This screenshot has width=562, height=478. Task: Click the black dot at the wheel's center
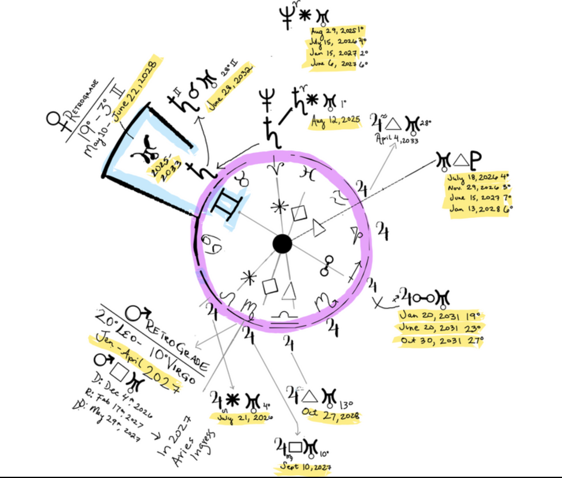pyautogui.click(x=282, y=244)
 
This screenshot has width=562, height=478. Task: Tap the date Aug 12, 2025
pyautogui.click(x=336, y=121)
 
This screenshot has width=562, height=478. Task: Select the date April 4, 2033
pyautogui.click(x=397, y=139)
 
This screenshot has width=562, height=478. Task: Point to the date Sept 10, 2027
pyautogui.click(x=306, y=467)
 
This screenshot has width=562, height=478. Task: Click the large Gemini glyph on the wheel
pyautogui.click(x=226, y=204)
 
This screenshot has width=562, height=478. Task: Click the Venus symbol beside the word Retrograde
pyautogui.click(x=55, y=121)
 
